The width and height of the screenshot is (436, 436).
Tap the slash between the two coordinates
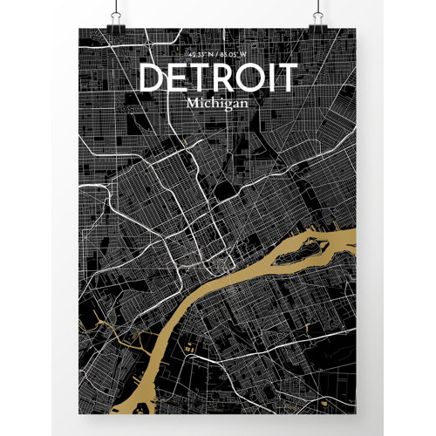tap(217, 57)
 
